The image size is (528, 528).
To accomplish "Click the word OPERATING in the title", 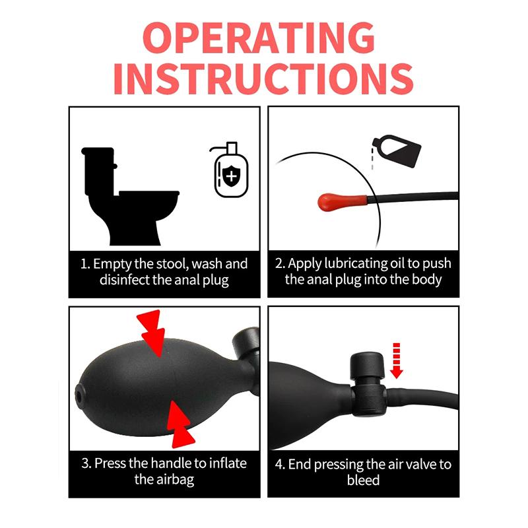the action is pyautogui.click(x=259, y=38).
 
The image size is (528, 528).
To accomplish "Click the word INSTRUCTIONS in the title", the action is pyautogui.click(x=263, y=79).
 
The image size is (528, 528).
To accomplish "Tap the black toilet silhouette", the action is pyautogui.click(x=131, y=196).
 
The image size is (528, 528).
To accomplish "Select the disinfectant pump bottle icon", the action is pyautogui.click(x=230, y=170).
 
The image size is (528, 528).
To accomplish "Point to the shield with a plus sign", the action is pyautogui.click(x=231, y=176).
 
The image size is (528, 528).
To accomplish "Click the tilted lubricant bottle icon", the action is pyautogui.click(x=397, y=151).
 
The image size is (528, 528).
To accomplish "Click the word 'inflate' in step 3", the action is pyautogui.click(x=228, y=463).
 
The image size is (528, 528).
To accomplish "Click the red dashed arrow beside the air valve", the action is pyautogui.click(x=397, y=360).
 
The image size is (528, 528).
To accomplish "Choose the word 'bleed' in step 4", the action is pyautogui.click(x=364, y=480).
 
